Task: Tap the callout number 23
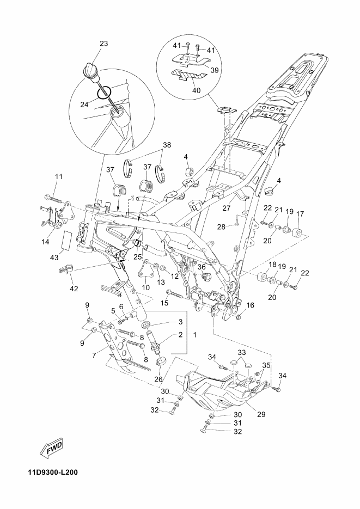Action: (104, 44)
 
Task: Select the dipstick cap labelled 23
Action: (90, 71)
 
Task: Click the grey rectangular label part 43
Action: (66, 240)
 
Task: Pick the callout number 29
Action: (261, 414)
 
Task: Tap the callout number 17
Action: (300, 214)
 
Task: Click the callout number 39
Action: (215, 70)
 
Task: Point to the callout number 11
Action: (58, 176)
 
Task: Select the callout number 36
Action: (202, 267)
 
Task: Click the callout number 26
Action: (160, 379)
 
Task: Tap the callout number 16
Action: (250, 305)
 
